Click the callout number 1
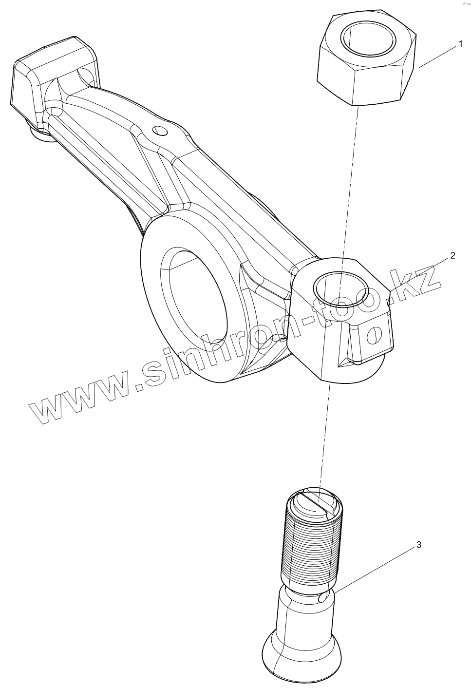coord(459,44)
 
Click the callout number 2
coord(452,255)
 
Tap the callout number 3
coord(418,545)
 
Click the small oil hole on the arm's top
coord(159,131)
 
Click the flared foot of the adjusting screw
coord(297,653)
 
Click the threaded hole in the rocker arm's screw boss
coord(340,287)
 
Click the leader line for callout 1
coord(437,57)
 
